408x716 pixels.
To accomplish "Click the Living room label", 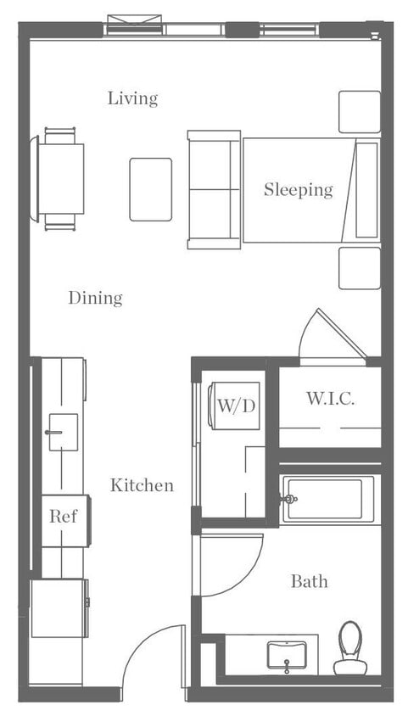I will pos(132,98).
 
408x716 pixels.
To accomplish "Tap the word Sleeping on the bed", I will pos(298,190).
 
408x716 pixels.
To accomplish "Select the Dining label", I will pos(95,298).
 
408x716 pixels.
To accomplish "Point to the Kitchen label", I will pos(142,485).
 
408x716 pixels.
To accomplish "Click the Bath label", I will pos(309,581).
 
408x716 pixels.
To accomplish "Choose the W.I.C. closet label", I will pos(330,398).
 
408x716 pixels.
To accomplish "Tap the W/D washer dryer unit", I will pos(235,406).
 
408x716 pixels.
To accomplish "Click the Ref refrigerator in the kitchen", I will pos(64,516).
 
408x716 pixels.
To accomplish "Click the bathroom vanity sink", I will pos(287,655).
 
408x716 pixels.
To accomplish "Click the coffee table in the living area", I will pos(151,189).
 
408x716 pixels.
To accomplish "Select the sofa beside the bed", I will pos(214,190).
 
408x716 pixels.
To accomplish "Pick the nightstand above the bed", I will pos(360,111).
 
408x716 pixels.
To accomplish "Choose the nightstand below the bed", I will pos(360,268).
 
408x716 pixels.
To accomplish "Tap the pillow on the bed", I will pos(366,190).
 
